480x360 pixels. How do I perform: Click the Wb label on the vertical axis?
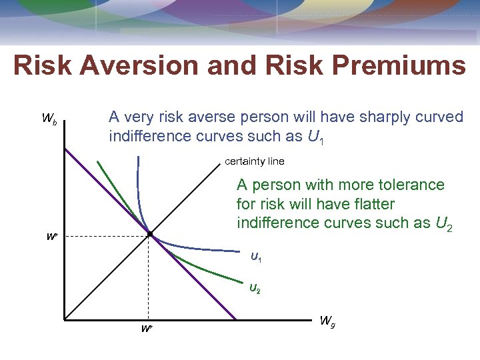click(49, 119)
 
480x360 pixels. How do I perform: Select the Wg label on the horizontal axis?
click(327, 321)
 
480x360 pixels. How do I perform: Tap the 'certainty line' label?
click(254, 161)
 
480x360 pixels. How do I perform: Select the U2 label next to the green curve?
click(255, 289)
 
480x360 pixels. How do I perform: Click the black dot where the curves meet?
click(150, 235)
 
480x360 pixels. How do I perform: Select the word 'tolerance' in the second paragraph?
click(411, 185)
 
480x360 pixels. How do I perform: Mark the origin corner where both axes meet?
click(65, 319)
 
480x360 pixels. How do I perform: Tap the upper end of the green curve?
click(97, 162)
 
